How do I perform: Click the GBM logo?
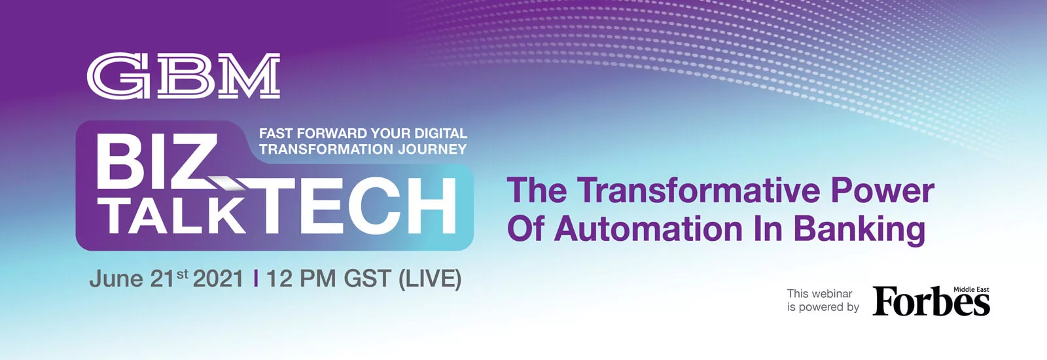(x=183, y=76)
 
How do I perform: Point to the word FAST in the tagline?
(x=276, y=134)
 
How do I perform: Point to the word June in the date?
(x=116, y=279)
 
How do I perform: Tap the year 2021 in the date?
(x=219, y=279)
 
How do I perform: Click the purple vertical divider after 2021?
(x=255, y=279)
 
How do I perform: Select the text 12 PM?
(x=301, y=279)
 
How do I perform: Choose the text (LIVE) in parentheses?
(x=429, y=279)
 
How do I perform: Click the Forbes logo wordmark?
(x=931, y=302)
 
